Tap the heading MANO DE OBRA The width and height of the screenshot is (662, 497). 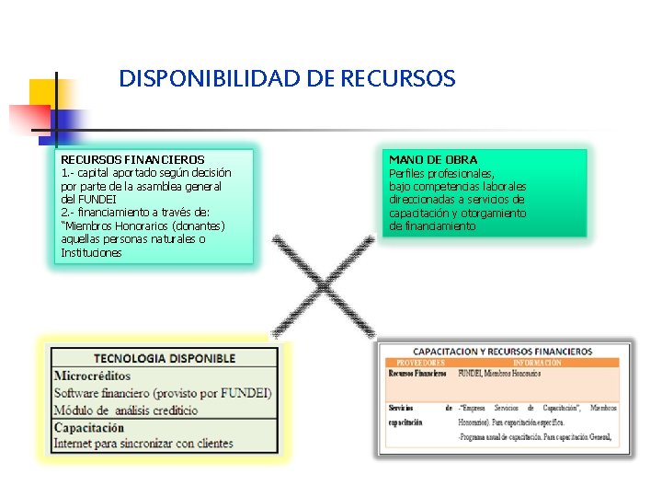[433, 160]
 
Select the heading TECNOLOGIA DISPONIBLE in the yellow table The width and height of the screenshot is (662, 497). [165, 358]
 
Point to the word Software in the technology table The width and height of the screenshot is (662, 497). [82, 393]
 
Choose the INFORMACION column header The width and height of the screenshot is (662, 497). [537, 364]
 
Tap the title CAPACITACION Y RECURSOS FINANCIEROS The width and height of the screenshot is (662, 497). [502, 352]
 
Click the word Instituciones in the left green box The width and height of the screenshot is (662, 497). [91, 253]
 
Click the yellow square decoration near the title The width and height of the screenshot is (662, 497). [43, 93]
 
